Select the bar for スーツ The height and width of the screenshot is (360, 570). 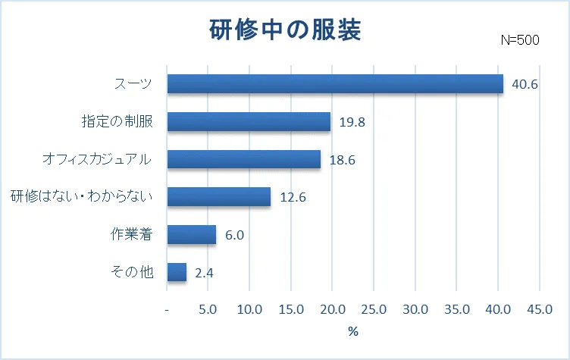click(335, 83)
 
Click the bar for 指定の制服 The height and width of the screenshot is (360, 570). click(249, 121)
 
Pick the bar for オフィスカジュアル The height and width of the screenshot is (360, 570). click(243, 159)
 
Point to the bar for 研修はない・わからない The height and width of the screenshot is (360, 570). click(218, 197)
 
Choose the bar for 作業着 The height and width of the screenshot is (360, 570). click(191, 235)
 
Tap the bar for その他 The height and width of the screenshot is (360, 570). click(177, 272)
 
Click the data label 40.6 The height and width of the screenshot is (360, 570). click(525, 84)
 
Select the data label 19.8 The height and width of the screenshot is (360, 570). click(352, 122)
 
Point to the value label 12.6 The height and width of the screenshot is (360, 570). click(293, 198)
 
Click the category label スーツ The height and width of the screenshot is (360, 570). click(133, 83)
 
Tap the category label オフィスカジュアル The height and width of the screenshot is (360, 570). click(98, 159)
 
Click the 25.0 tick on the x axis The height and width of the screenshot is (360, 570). click(374, 309)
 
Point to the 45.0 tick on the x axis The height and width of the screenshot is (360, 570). click(539, 309)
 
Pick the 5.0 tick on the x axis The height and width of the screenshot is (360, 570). click(208, 309)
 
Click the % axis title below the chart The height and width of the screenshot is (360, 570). click(352, 332)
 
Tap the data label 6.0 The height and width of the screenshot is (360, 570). click(234, 235)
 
